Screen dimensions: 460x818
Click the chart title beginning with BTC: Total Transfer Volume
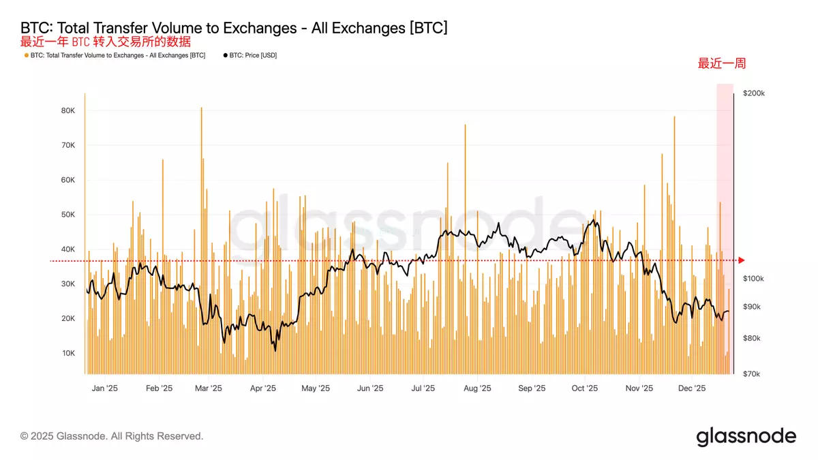pyautogui.click(x=234, y=28)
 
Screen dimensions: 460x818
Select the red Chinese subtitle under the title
pyautogui.click(x=106, y=42)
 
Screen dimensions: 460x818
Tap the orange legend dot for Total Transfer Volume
pyautogui.click(x=26, y=55)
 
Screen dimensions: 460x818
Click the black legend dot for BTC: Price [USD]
pyautogui.click(x=225, y=55)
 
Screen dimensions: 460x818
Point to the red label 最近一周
pyautogui.click(x=721, y=64)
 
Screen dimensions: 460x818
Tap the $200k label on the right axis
pyautogui.click(x=753, y=93)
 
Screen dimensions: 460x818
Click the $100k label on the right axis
pyautogui.click(x=753, y=279)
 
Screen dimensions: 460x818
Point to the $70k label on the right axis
pyautogui.click(x=751, y=374)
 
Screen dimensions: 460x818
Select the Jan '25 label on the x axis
pyautogui.click(x=104, y=388)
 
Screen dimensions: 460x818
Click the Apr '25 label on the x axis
pyautogui.click(x=262, y=388)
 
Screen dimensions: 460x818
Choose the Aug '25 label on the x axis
pyautogui.click(x=477, y=388)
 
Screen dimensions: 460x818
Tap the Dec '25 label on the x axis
pyautogui.click(x=693, y=388)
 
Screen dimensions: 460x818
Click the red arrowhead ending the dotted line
pyautogui.click(x=742, y=260)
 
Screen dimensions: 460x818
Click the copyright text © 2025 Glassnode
pyautogui.click(x=112, y=436)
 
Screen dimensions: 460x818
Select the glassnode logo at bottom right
pyautogui.click(x=746, y=436)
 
